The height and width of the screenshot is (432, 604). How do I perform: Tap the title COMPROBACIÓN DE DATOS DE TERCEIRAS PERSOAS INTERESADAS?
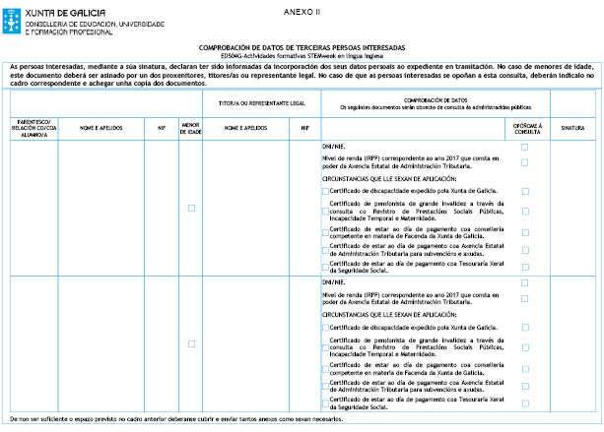point(302,46)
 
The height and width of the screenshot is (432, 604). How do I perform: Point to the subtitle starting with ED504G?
point(302,55)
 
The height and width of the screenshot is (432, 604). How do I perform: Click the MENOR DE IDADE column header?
point(191,127)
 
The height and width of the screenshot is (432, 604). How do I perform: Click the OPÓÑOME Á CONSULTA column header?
point(525,127)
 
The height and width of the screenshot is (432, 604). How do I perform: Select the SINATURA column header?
point(572,127)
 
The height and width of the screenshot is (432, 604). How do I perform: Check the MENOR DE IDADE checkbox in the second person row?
point(191,343)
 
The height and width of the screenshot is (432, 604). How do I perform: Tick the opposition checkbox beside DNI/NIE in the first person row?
point(525,146)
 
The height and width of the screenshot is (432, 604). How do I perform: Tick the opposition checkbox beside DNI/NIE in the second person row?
point(525,281)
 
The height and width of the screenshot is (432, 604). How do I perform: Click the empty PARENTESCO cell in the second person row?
point(32,343)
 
